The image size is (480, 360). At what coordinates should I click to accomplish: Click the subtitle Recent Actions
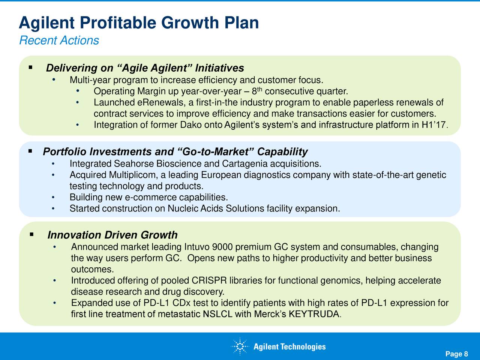(x=59, y=40)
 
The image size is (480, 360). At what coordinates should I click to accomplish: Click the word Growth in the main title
(x=190, y=23)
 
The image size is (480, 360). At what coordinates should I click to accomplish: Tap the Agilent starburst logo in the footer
(x=240, y=346)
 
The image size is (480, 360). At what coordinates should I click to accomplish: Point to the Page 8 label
(x=457, y=354)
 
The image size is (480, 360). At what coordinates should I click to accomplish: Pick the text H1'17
(x=434, y=125)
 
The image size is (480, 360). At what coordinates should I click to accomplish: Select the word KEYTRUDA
(x=315, y=314)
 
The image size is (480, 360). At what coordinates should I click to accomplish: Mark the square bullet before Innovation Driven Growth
(x=32, y=234)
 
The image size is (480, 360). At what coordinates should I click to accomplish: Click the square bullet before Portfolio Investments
(x=30, y=151)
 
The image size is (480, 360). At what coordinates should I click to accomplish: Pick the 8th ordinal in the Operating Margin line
(x=257, y=91)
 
